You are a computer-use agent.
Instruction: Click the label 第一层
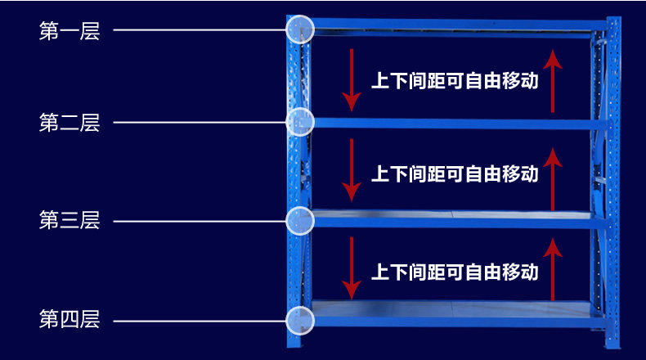coord(70,31)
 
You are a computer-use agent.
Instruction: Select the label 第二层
coord(70,123)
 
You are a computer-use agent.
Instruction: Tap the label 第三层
coord(70,220)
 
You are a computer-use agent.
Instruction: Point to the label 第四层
coord(70,319)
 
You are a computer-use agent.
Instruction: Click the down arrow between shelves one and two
coord(352,80)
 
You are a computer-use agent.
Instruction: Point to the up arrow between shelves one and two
coord(553,81)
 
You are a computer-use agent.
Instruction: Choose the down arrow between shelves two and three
coord(352,170)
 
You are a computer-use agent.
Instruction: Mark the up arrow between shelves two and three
coord(553,179)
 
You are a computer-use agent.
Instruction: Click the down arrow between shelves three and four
coord(352,268)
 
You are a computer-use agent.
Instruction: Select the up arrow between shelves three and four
coord(553,269)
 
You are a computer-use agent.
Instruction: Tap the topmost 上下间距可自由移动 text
coord(455,80)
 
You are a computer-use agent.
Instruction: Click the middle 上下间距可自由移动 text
coord(455,173)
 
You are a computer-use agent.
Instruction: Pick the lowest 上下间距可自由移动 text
coord(455,272)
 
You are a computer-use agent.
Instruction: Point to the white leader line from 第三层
coord(200,222)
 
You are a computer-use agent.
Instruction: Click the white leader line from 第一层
coord(200,29)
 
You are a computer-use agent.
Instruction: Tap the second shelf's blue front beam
coord(453,124)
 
